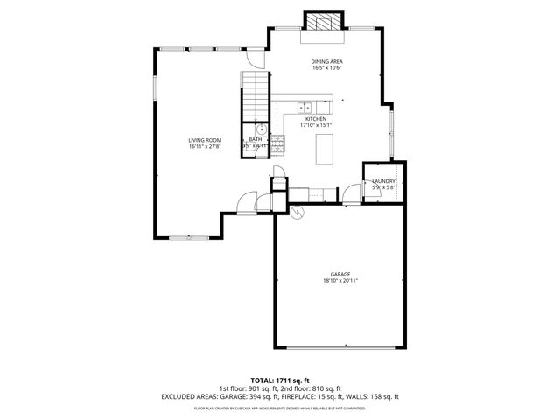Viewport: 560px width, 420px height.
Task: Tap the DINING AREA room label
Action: (325, 61)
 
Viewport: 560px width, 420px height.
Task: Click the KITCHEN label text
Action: (316, 118)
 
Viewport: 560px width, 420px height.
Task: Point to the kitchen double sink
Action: (304, 108)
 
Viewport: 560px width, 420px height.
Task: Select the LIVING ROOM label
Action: (205, 140)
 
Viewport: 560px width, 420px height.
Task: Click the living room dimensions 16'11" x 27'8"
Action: (205, 147)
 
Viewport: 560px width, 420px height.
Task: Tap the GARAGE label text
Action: (340, 274)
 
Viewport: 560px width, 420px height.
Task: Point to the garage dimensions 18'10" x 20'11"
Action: (340, 281)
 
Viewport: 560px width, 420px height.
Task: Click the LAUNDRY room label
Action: (383, 181)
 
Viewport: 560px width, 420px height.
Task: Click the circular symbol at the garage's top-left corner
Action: (296, 213)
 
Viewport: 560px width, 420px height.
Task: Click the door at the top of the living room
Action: (255, 57)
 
